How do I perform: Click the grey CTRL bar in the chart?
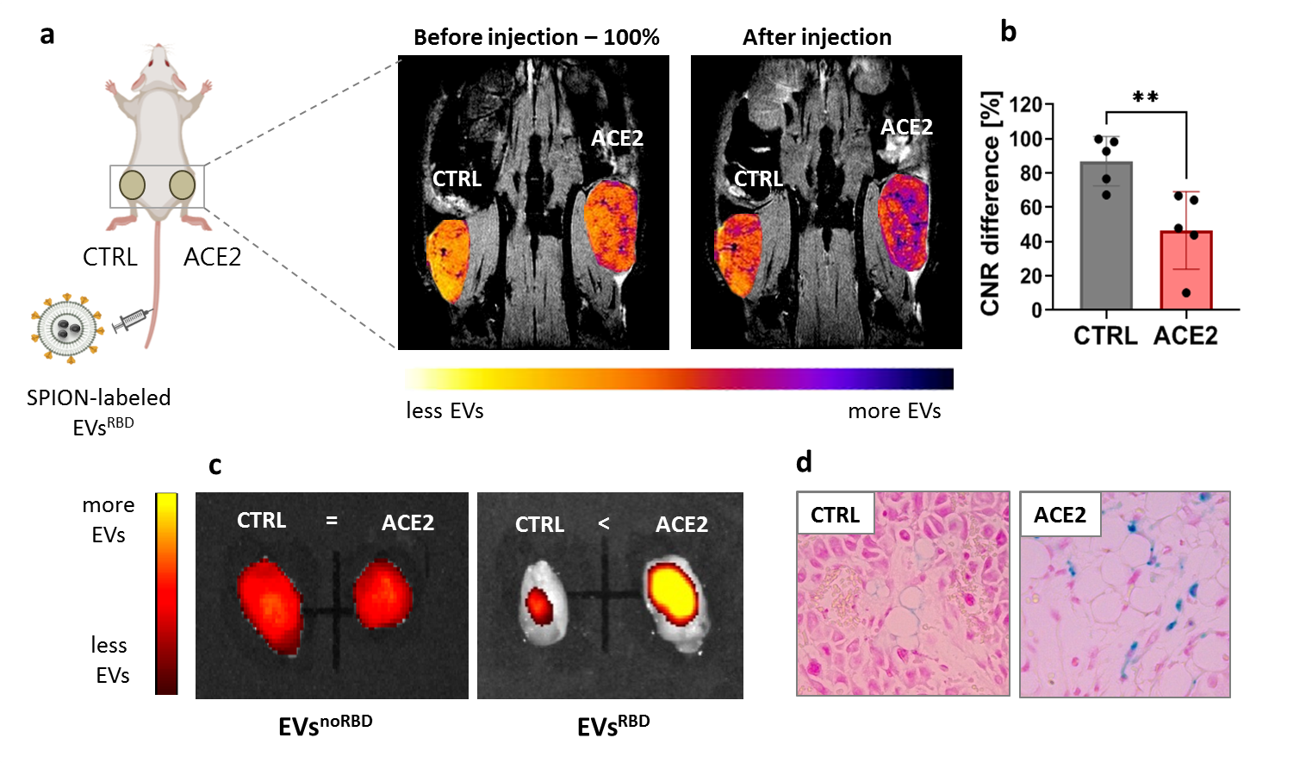1106,236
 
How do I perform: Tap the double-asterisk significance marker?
1146,97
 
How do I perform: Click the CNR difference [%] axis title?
991,203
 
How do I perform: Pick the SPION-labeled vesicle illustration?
66,328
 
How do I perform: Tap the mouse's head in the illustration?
158,62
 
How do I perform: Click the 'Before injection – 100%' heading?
536,37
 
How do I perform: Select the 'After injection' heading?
817,37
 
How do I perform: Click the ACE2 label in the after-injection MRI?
906,127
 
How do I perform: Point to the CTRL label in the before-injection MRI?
457,178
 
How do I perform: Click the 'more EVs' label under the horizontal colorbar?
894,411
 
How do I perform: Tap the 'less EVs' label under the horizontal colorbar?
445,411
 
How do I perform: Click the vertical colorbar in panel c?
166,593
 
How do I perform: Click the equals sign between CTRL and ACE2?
332,521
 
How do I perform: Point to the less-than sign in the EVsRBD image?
604,523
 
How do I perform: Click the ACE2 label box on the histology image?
1060,515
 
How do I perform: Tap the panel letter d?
804,462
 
